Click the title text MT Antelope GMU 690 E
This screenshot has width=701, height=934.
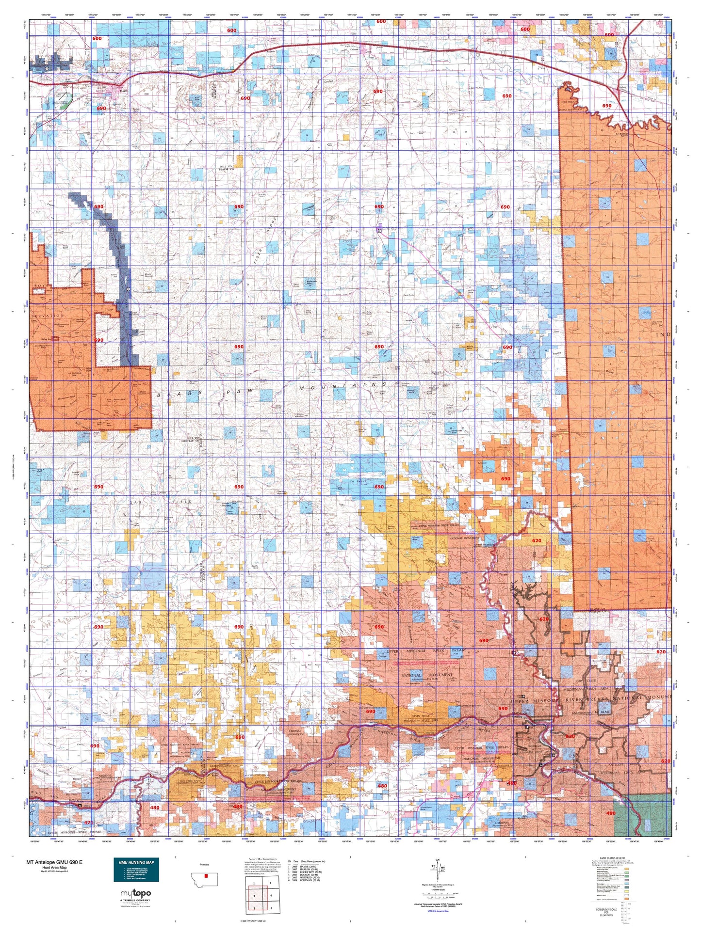tap(54, 862)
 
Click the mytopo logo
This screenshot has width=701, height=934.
tap(136, 893)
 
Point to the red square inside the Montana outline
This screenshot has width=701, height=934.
tap(206, 876)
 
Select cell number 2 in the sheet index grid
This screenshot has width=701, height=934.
tap(270, 883)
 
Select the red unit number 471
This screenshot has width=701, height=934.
tap(88, 823)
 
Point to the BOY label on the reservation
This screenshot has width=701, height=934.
tap(39, 286)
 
